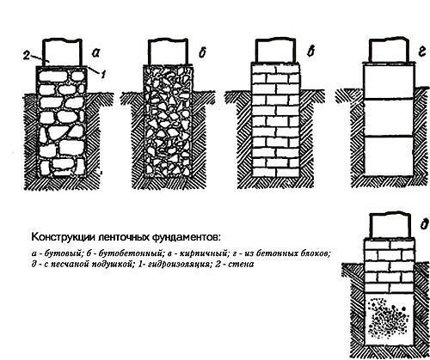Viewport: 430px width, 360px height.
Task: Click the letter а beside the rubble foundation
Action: (95, 52)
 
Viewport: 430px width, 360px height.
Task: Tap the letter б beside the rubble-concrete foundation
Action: (202, 52)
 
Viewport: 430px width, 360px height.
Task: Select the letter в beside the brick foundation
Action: (310, 52)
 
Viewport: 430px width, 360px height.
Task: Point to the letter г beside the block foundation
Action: (421, 52)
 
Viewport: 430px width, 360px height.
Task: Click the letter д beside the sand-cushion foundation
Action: (425, 224)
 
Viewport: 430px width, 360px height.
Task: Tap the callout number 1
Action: (103, 74)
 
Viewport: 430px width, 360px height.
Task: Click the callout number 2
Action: (26, 56)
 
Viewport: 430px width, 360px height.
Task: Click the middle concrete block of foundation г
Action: (389, 118)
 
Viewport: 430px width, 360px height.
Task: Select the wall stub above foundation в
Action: (275, 51)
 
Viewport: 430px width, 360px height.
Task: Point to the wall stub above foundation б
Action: (169, 52)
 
